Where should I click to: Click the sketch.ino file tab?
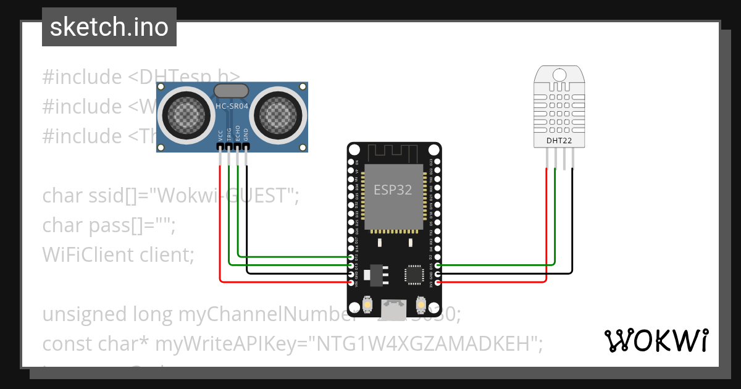[x=109, y=27]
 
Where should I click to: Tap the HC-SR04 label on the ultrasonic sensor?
[x=231, y=107]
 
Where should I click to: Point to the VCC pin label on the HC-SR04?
[x=220, y=136]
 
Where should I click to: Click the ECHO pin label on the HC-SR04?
[x=238, y=136]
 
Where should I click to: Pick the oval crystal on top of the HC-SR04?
[x=231, y=91]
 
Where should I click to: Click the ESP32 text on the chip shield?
[x=393, y=190]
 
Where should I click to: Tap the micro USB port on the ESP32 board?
[x=393, y=306]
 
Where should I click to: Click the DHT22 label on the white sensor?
[x=558, y=140]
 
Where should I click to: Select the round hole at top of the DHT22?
[x=559, y=75]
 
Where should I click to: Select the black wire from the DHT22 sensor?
[x=572, y=222]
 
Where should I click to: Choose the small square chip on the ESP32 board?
[x=413, y=274]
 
